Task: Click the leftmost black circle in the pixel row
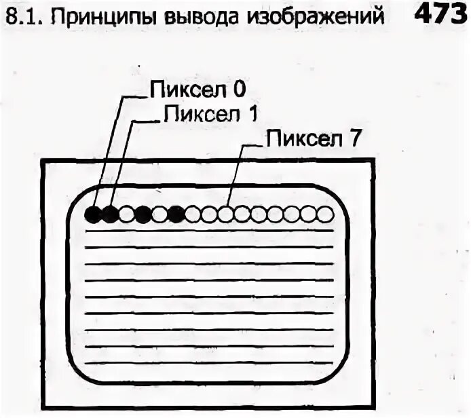[x=93, y=215]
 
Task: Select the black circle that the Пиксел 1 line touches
[x=109, y=215]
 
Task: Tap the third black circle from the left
[x=143, y=215]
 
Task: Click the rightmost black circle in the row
[x=176, y=215]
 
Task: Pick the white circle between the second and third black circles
[x=126, y=215]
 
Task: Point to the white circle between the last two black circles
[x=159, y=215]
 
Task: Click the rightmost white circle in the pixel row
[x=326, y=215]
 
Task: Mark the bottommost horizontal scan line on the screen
[x=210, y=364]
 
